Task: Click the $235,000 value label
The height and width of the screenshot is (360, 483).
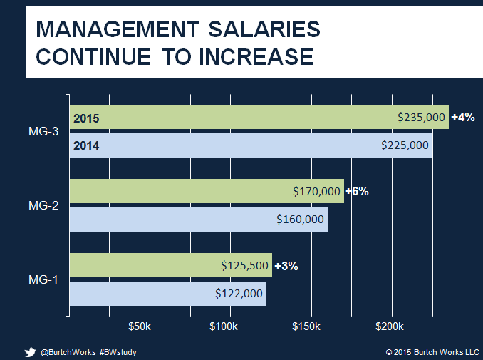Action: pos(422,118)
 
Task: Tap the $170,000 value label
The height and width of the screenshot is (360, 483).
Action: pos(317,192)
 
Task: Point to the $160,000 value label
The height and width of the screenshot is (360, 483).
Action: pos(301,219)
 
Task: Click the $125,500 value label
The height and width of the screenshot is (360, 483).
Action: pos(244,266)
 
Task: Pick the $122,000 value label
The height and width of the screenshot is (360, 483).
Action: pos(239,293)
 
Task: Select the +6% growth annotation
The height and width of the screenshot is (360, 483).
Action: pos(357,192)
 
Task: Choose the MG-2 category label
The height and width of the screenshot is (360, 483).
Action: pos(43,205)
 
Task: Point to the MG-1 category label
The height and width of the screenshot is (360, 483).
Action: pos(43,279)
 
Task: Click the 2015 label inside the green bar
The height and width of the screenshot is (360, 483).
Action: pos(86,118)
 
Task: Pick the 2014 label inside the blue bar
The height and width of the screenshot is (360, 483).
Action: pos(86,145)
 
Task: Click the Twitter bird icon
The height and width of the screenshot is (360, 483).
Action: pos(30,351)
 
